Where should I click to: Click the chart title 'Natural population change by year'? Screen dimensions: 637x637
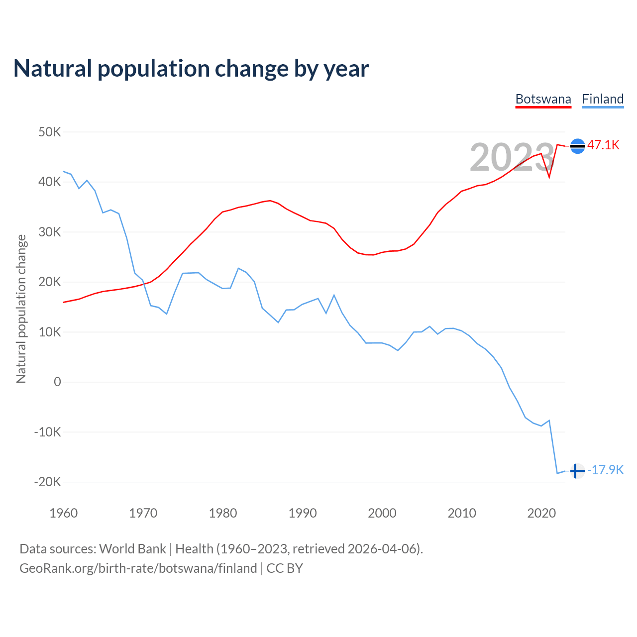[191, 69]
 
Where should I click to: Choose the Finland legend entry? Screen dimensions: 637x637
[603, 99]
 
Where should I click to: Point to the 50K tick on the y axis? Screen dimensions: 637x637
[49, 132]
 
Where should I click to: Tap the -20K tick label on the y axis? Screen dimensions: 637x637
[47, 482]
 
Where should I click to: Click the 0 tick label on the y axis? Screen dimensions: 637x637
[57, 382]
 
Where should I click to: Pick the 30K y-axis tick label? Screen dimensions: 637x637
[49, 232]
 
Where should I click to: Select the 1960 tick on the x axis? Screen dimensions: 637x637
[64, 513]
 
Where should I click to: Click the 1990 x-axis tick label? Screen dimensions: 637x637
[303, 513]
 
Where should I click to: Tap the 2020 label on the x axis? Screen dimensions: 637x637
[541, 513]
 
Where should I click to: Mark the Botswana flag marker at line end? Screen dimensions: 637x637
[577, 146]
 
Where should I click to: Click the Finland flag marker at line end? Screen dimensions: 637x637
[577, 470]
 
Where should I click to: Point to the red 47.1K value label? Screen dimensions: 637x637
[603, 145]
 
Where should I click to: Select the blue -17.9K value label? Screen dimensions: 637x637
[606, 470]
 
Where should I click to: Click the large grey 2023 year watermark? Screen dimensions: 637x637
[512, 158]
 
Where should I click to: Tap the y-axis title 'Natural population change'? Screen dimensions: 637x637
[21, 309]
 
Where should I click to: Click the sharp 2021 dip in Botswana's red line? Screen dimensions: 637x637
[549, 177]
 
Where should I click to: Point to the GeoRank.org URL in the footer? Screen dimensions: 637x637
[138, 568]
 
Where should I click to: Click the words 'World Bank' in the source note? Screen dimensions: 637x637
[132, 549]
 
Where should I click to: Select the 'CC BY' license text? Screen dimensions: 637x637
[285, 568]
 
